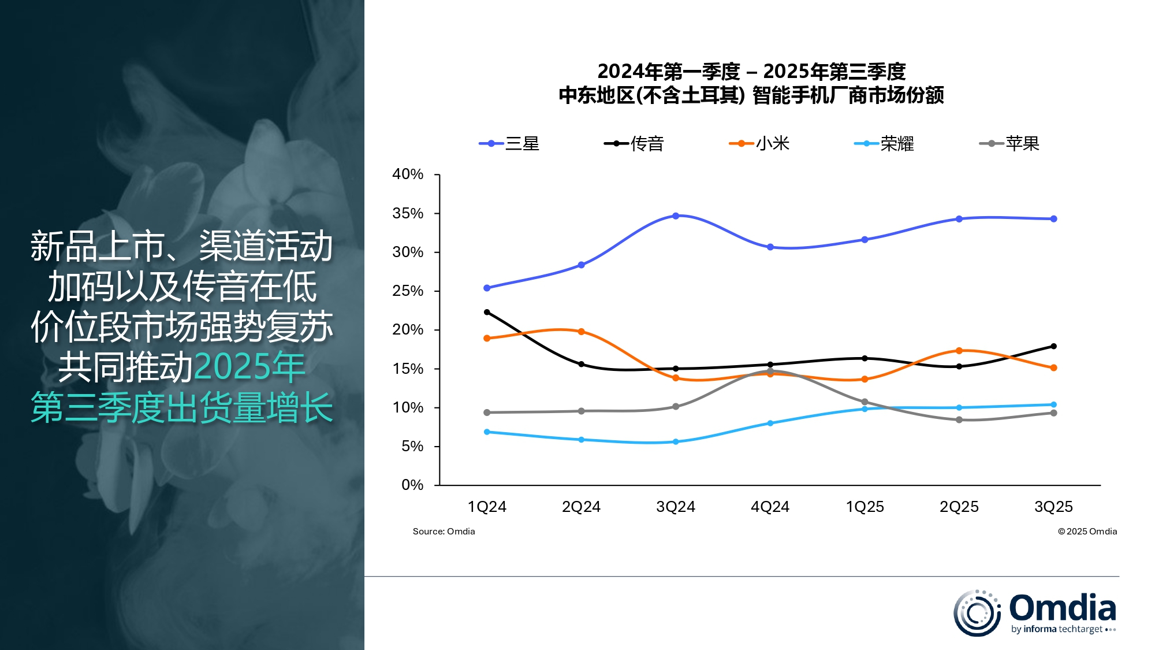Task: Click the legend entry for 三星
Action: coord(509,143)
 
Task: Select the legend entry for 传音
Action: coord(634,143)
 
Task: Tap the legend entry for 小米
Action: coord(759,143)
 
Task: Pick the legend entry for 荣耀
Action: coord(884,143)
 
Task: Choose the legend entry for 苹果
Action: coord(1009,143)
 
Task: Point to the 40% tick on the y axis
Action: coord(408,174)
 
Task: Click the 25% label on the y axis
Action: coord(408,291)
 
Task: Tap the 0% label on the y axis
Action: coord(412,485)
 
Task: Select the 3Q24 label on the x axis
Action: coord(676,507)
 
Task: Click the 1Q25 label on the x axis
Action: coord(865,507)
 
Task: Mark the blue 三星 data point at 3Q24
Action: coord(676,216)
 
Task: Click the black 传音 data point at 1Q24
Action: coord(487,312)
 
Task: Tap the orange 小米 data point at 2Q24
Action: coord(582,332)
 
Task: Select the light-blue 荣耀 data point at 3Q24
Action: coord(676,442)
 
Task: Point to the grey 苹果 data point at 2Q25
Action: coord(959,420)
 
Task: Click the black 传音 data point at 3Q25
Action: coord(1053,347)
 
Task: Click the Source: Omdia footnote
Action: coord(444,532)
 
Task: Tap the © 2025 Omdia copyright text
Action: coord(1087,532)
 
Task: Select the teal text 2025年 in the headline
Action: coord(249,367)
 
